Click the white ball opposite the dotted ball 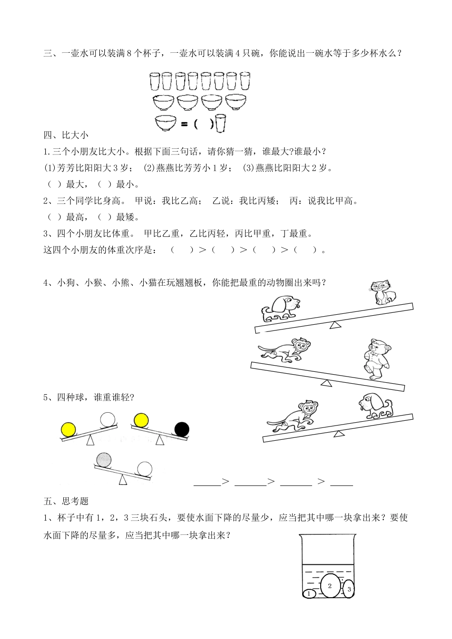pyautogui.click(x=145, y=468)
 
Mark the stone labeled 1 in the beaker pyautogui.click(x=309, y=593)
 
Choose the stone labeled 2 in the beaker pyautogui.click(x=330, y=586)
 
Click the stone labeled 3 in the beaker pyautogui.click(x=349, y=589)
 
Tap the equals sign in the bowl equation pyautogui.click(x=185, y=124)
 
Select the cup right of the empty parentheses pyautogui.click(x=220, y=124)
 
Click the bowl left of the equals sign pyautogui.click(x=166, y=123)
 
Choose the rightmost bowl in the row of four pyautogui.click(x=236, y=102)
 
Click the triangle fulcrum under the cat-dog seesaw pyautogui.click(x=335, y=324)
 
